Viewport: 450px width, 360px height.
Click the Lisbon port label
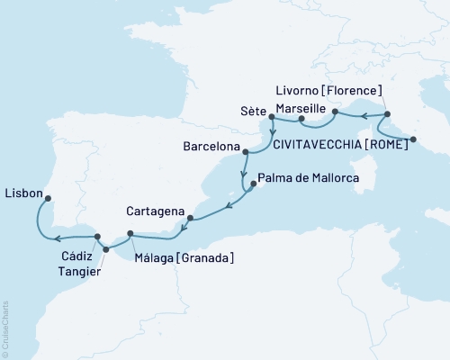(22, 192)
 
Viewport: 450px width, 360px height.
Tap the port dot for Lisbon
(49, 199)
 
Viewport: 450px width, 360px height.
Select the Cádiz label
(77, 256)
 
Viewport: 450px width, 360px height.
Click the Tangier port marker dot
(106, 249)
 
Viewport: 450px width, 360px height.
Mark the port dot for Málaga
(131, 235)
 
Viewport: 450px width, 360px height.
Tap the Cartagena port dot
(189, 218)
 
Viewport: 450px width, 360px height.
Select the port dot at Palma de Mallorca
(252, 184)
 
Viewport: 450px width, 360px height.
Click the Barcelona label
(208, 145)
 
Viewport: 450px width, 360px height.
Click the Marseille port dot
(301, 119)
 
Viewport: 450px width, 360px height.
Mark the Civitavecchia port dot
(413, 139)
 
